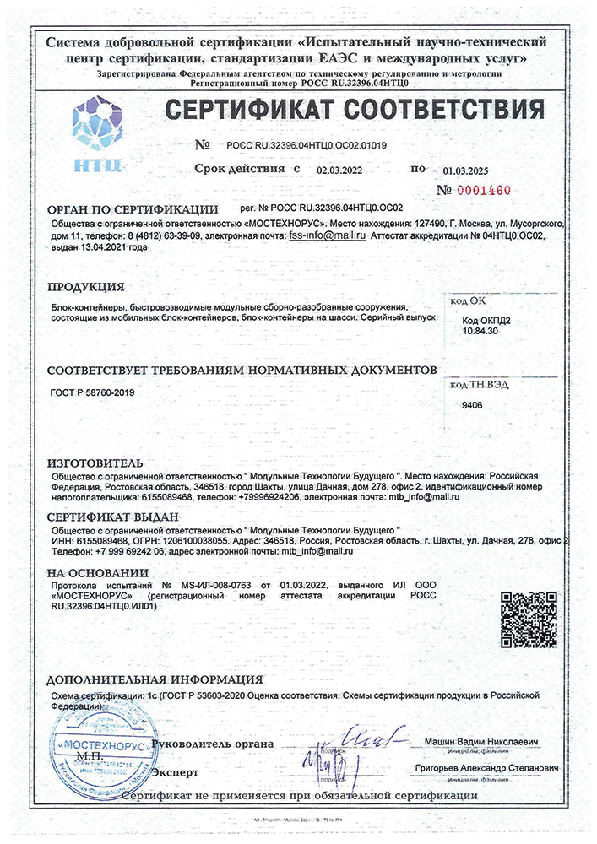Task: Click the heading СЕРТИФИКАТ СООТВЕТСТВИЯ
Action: [x=353, y=110]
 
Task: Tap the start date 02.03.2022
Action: [x=339, y=170]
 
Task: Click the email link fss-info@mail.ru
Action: [x=327, y=237]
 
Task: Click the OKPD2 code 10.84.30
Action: [x=480, y=333]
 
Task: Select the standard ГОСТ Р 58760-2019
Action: [x=93, y=392]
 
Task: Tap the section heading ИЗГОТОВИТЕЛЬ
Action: [x=95, y=463]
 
